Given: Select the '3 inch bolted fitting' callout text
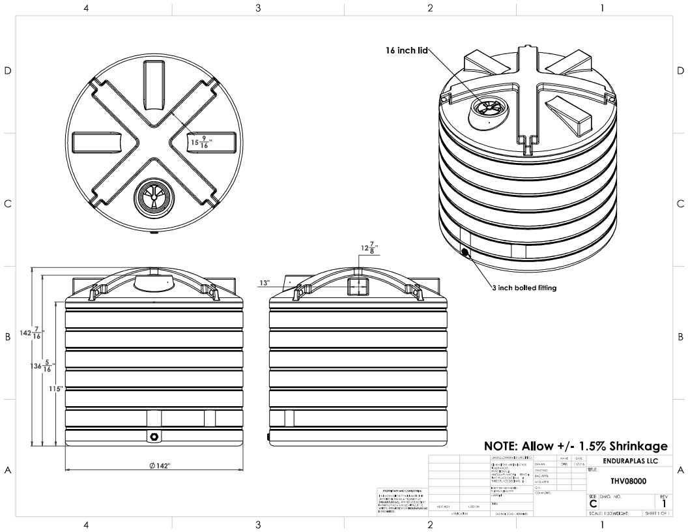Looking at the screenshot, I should pyautogui.click(x=524, y=288).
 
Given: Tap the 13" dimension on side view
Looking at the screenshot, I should pyautogui.click(x=264, y=284).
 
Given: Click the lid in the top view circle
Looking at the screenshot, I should pyautogui.click(x=154, y=196).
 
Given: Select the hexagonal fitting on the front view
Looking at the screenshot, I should pyautogui.click(x=154, y=436).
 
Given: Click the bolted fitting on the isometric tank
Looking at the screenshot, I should pyautogui.click(x=465, y=252).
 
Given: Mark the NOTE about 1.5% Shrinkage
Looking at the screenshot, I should pyautogui.click(x=576, y=447).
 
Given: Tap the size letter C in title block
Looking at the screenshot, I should pyautogui.click(x=593, y=504).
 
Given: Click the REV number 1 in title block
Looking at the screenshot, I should pyautogui.click(x=663, y=503).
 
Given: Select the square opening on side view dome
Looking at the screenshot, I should pyautogui.click(x=358, y=286).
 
